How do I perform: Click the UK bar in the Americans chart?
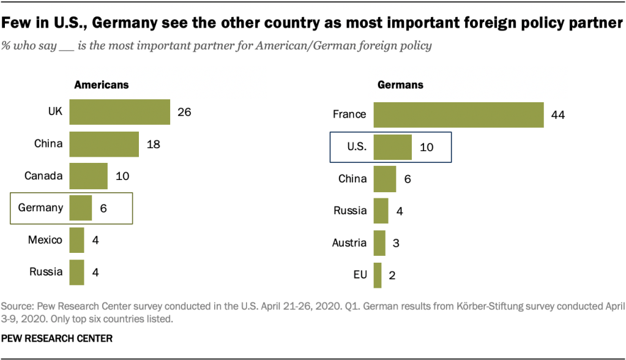coord(119,112)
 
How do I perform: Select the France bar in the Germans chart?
coord(458,114)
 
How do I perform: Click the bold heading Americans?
coord(102,85)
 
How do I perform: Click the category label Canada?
coord(43,176)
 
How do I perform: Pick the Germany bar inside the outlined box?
coord(80,208)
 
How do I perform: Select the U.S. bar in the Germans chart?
coord(392,147)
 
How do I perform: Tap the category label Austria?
coord(349,243)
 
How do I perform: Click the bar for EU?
coord(378,275)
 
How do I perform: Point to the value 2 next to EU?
coord(392,276)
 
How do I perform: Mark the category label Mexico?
coord(45,240)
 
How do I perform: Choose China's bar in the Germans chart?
coord(385,179)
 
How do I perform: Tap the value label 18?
coord(154,144)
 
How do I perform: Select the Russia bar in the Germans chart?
coord(381,211)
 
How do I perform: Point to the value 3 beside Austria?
coord(395,243)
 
